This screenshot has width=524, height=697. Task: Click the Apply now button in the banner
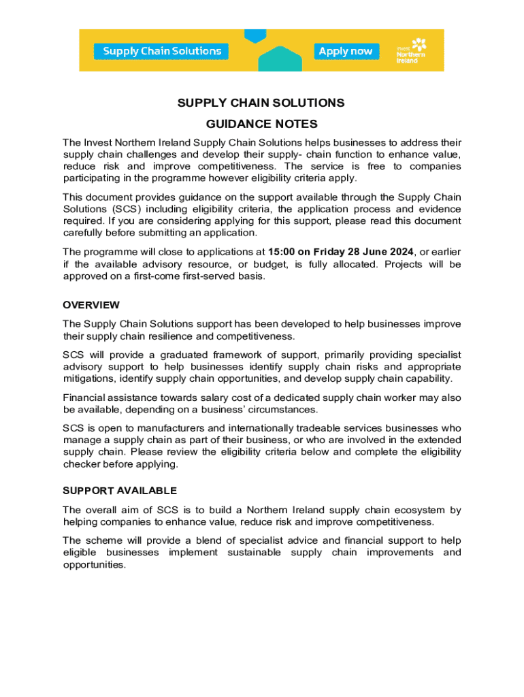(346, 51)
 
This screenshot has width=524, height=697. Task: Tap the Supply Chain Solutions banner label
(162, 51)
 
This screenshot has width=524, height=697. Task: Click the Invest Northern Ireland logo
(411, 50)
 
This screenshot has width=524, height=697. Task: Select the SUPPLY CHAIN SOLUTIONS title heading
(261, 103)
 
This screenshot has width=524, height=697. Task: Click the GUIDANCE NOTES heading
(261, 125)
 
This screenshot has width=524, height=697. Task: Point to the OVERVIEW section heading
(91, 305)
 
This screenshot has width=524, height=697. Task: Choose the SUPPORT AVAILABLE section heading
(120, 491)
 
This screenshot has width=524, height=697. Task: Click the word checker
(82, 464)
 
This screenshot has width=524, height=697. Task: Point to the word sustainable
(251, 552)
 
